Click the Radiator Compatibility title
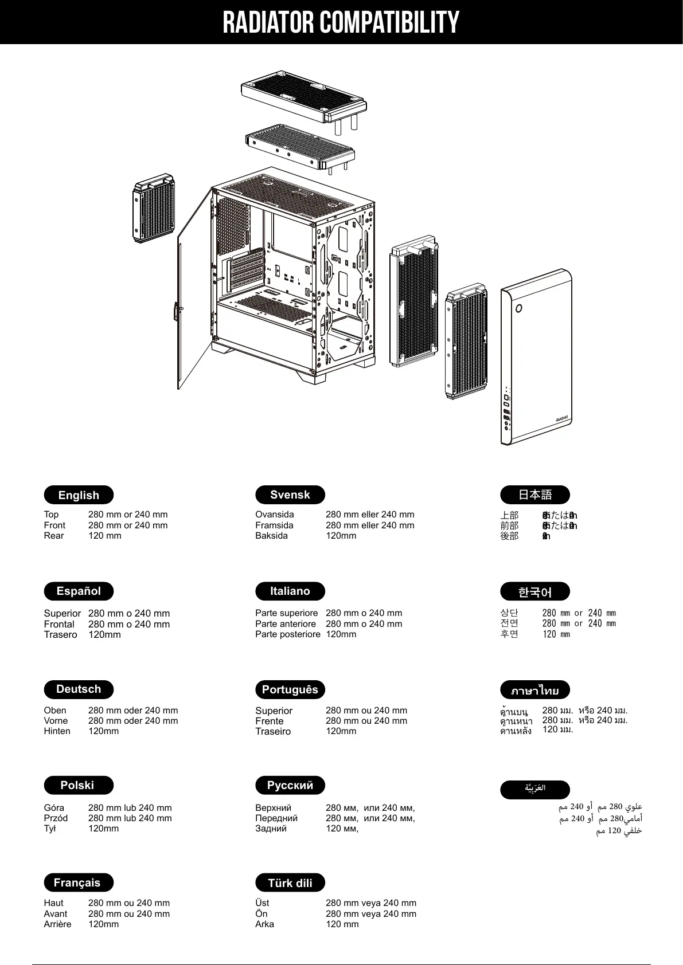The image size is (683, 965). point(341,22)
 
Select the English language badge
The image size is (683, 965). point(79,495)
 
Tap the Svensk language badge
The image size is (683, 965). point(290,495)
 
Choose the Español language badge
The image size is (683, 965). point(79,591)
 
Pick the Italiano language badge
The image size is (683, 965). point(290,591)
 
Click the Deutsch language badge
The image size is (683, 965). point(79,689)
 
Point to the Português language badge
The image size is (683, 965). point(290,689)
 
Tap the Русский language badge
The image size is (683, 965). point(290,785)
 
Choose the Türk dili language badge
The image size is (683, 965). point(290,882)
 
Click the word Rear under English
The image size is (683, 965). point(54,536)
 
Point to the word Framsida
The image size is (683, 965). point(274,525)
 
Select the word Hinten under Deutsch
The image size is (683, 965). point(57,731)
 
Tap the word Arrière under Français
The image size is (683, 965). point(57,924)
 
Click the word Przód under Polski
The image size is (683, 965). point(56,818)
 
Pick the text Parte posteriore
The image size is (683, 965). point(287,634)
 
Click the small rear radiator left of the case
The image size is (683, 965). point(154,210)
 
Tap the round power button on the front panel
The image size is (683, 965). point(518,308)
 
